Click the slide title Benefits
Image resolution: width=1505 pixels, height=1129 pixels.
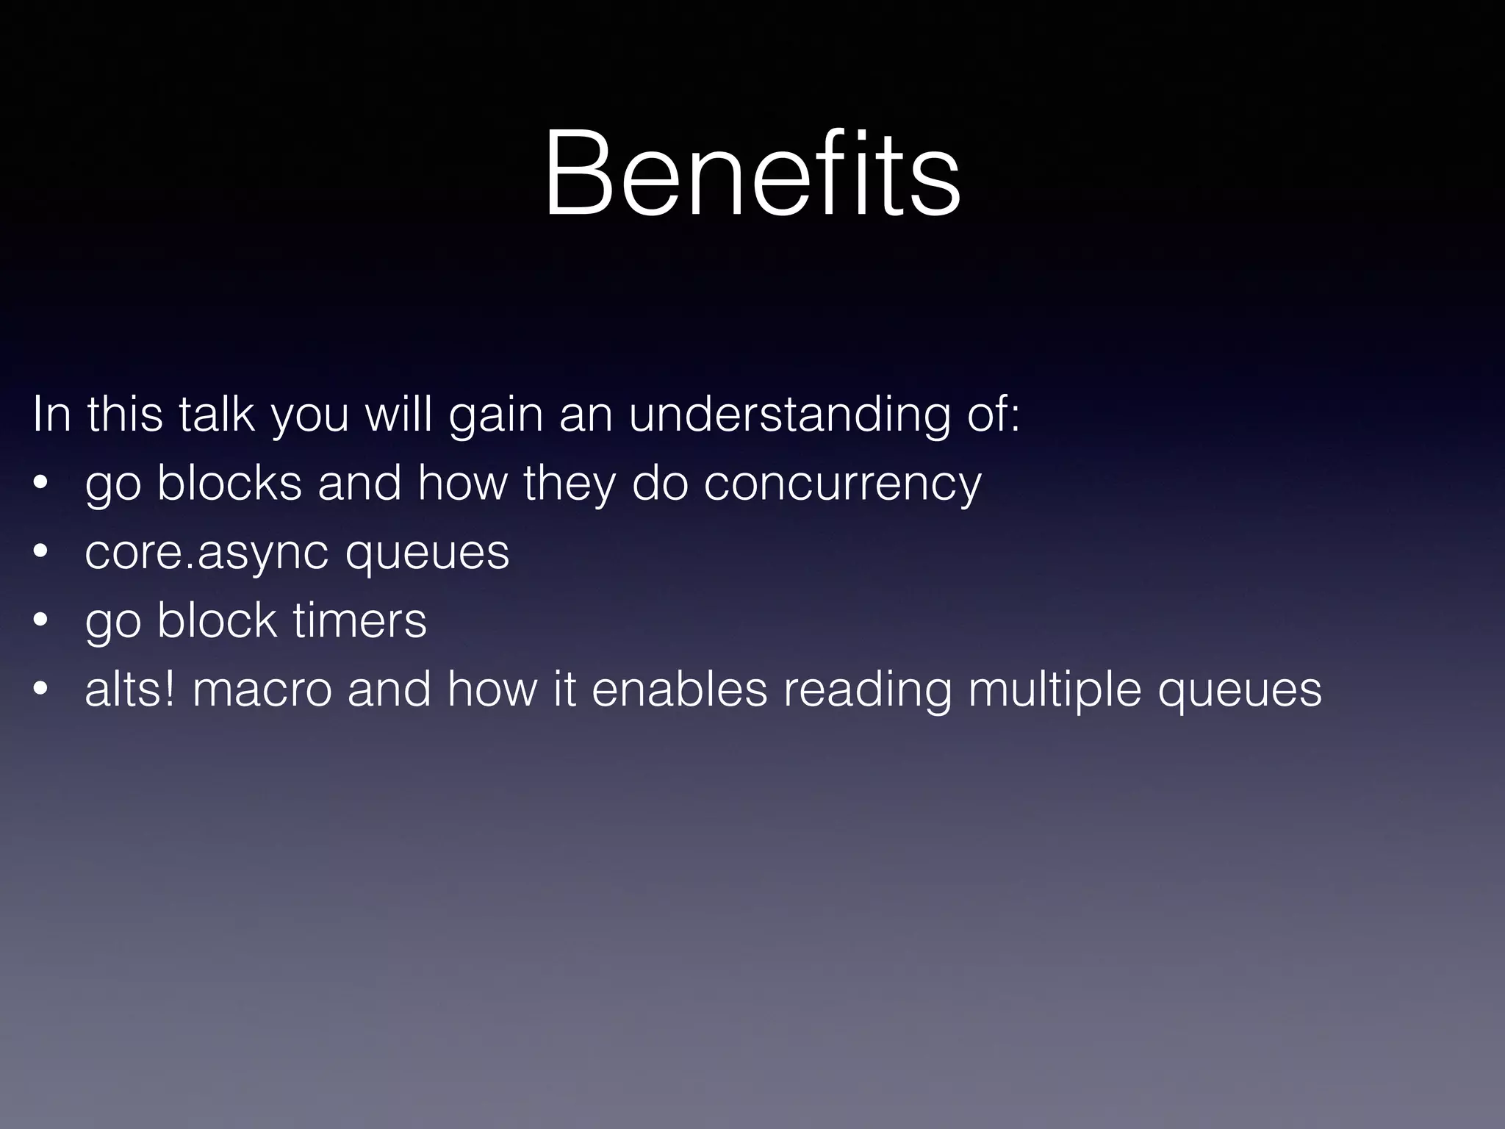coord(752,174)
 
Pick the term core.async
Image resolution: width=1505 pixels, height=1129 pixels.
coord(206,553)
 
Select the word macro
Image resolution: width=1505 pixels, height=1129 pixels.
coord(262,691)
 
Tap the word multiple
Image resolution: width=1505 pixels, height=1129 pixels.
coord(1055,691)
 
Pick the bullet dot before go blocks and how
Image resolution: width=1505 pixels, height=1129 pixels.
coord(40,483)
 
